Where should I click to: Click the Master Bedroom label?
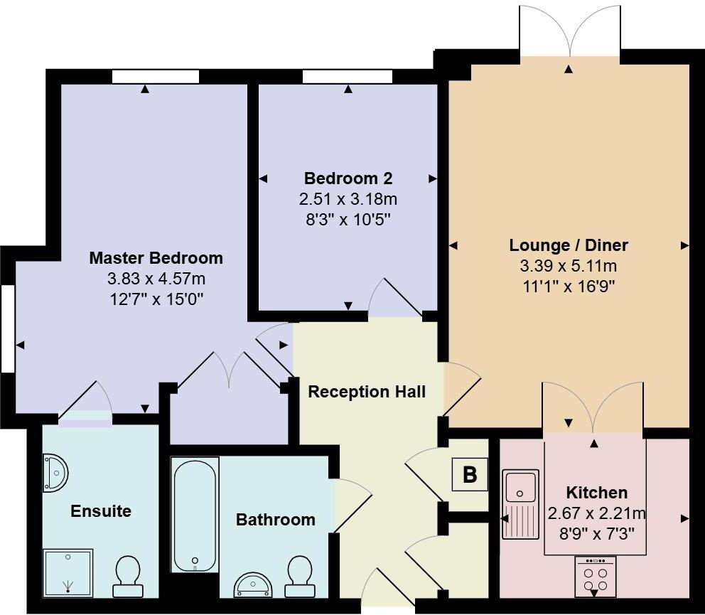click(156, 258)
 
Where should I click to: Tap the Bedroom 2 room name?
click(348, 178)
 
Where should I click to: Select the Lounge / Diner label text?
click(569, 246)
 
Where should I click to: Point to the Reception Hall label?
click(367, 392)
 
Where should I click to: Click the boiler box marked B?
click(470, 474)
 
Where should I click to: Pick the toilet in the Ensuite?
click(128, 576)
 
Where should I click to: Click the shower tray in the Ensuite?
click(68, 572)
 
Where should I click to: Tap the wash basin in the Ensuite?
click(55, 474)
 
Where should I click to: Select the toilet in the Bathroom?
click(299, 576)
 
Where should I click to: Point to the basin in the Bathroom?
click(253, 584)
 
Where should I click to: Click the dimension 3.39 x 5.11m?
click(569, 267)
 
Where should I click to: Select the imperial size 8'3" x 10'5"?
click(348, 219)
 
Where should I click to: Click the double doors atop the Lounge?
click(569, 32)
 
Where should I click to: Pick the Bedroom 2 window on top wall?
click(347, 76)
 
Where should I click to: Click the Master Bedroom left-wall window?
click(7, 328)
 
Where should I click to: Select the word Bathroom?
click(276, 520)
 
